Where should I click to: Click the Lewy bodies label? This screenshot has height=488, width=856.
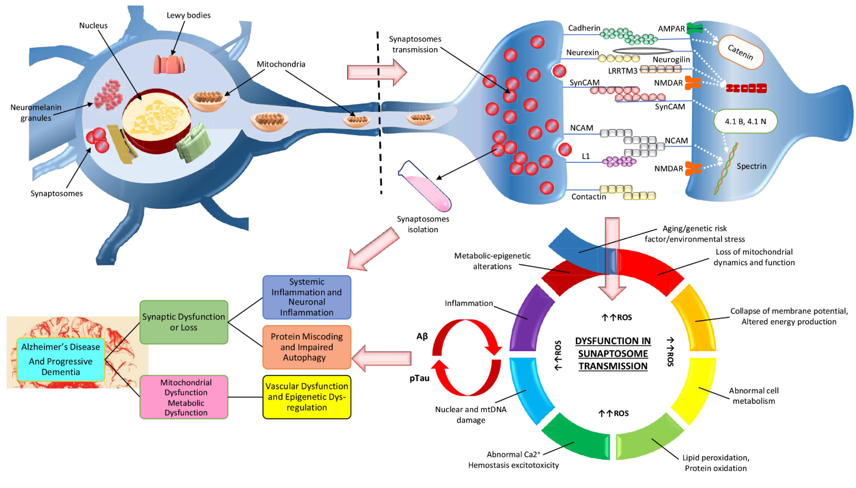(188, 16)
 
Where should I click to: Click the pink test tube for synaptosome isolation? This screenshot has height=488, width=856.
(425, 187)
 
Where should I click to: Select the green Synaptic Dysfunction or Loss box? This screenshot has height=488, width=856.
(184, 322)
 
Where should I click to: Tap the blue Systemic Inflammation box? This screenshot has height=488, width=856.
(307, 297)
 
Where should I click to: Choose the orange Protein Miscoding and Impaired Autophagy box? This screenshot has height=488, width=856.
(307, 347)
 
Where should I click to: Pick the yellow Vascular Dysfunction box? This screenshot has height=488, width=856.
(307, 397)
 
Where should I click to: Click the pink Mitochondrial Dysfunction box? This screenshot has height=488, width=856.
(184, 397)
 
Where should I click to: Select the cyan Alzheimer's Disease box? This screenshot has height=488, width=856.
(61, 359)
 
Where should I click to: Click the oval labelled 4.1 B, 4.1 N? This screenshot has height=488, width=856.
(745, 121)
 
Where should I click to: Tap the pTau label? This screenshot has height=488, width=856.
(419, 378)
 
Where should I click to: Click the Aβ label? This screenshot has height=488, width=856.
(422, 336)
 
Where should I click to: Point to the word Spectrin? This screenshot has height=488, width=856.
(751, 166)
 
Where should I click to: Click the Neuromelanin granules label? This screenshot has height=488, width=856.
(36, 112)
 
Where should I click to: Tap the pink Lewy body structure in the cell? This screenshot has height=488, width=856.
(169, 64)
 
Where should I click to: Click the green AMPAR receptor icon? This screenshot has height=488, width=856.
(694, 28)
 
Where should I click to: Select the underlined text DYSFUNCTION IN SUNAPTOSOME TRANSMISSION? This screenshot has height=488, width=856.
(612, 353)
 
